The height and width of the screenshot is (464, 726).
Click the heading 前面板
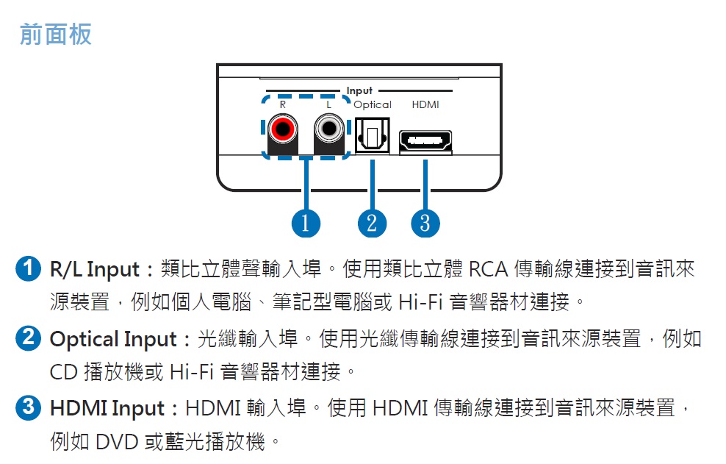coord(56,35)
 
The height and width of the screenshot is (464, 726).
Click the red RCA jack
coord(282,129)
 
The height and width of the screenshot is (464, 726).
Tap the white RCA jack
coord(329,129)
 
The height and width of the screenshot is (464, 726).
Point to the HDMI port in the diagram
coord(425,141)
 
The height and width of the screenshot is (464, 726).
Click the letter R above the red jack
coord(282,104)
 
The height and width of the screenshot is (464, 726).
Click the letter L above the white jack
coord(328,104)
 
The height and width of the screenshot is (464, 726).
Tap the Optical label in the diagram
coord(373,104)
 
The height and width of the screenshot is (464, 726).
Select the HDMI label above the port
coord(425,104)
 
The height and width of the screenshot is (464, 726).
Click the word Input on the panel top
coord(359,91)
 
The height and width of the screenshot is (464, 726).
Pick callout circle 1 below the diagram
coord(306,223)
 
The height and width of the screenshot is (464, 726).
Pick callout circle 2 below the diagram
coord(372,223)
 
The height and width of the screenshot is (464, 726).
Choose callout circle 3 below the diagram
coord(425,223)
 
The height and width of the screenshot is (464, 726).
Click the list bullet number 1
coord(28,268)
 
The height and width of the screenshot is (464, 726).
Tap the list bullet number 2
coord(28,338)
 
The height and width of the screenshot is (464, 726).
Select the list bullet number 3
coord(28,407)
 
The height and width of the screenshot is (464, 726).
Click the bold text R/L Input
coord(95,270)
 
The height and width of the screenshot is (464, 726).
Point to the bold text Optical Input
coord(113,340)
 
